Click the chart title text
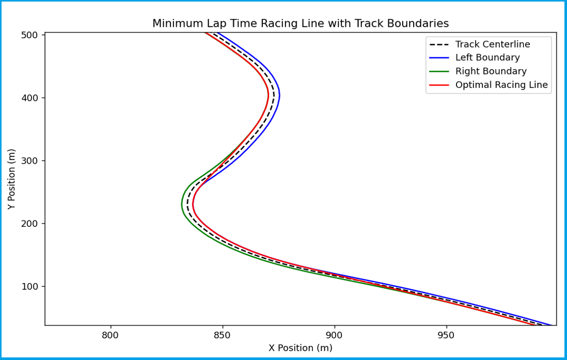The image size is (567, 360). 300,23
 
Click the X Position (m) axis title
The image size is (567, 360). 300,348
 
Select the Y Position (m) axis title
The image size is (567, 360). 12,179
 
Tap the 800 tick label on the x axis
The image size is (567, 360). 111,335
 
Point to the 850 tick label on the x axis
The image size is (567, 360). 223,335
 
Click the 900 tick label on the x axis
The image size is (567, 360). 334,335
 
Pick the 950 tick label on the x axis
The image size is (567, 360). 446,335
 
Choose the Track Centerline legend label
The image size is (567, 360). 492,44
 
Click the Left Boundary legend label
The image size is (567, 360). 487,58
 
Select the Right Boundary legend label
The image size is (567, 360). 491,71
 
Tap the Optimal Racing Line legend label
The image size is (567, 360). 501,85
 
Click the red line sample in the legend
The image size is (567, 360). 439,85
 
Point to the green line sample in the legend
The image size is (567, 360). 439,71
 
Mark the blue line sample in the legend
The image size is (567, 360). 439,58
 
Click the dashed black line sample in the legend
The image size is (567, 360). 439,44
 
